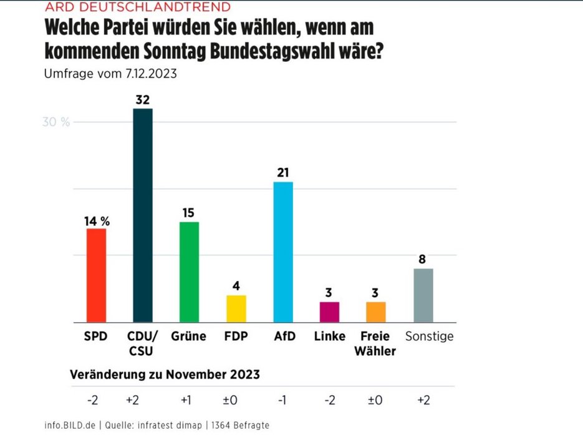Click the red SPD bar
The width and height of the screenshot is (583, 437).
[x=96, y=275]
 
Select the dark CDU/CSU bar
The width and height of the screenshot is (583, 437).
[x=143, y=215]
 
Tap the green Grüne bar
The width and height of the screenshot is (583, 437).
[x=189, y=272]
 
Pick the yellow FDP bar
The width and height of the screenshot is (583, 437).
[x=236, y=308]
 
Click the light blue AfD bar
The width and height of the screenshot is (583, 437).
[x=283, y=252]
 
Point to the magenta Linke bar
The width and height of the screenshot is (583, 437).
[x=329, y=312]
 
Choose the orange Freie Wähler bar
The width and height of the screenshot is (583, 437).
[x=376, y=312]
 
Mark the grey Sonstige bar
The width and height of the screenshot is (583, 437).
[x=423, y=295]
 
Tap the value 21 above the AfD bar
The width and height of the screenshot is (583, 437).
[x=283, y=172]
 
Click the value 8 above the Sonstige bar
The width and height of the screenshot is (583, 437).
[x=423, y=259]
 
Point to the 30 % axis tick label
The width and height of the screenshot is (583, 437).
[x=56, y=122]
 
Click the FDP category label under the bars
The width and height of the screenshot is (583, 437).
[x=236, y=336]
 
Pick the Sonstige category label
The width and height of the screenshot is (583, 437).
[x=429, y=336]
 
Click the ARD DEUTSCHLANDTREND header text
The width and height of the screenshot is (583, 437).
[x=137, y=7]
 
